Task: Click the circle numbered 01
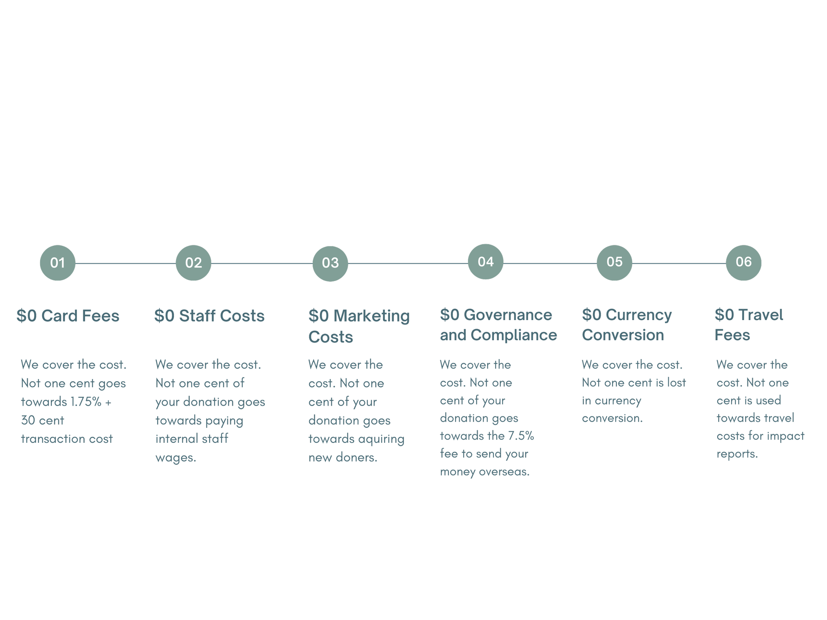(x=58, y=263)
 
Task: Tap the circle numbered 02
(x=193, y=263)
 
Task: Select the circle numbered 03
(x=330, y=264)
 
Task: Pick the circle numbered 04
(x=485, y=262)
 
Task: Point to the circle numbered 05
(x=614, y=262)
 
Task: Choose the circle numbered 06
(x=743, y=262)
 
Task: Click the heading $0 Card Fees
(x=68, y=316)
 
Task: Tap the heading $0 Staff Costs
(x=209, y=316)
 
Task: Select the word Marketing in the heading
(x=371, y=316)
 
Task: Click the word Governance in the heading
(x=508, y=315)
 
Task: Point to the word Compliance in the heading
(x=514, y=335)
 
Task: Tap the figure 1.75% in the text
(x=86, y=402)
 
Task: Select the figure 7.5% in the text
(x=520, y=436)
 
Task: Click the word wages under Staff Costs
(x=175, y=457)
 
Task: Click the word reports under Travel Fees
(x=737, y=454)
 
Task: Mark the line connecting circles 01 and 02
(x=125, y=264)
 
